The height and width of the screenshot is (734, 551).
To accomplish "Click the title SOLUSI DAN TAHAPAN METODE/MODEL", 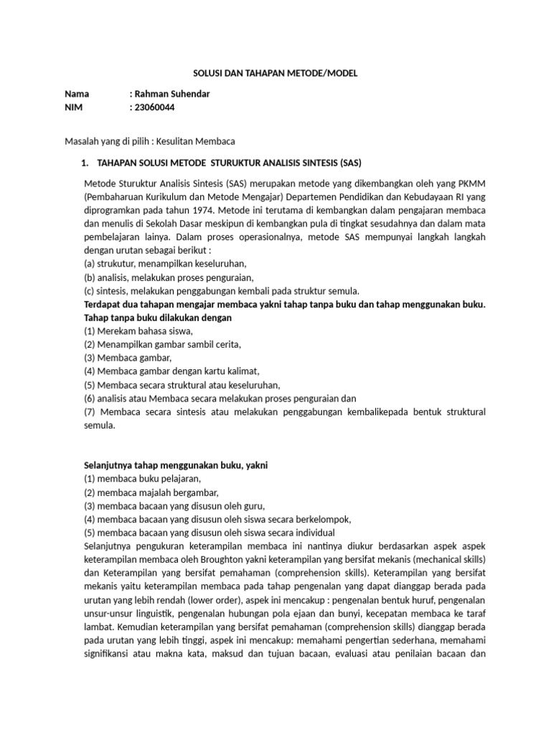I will [x=276, y=73].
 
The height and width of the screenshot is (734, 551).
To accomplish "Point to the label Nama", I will [x=77, y=94].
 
